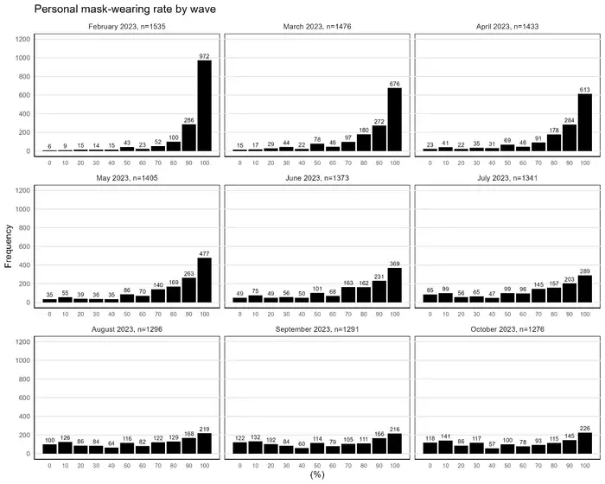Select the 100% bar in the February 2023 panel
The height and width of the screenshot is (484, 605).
coord(204,105)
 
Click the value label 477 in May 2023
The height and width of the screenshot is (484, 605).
coord(204,252)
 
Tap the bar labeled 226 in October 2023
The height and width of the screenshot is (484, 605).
coord(584,443)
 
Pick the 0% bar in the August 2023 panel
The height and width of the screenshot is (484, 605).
coord(49,449)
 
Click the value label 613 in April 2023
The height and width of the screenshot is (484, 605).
coord(584,89)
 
